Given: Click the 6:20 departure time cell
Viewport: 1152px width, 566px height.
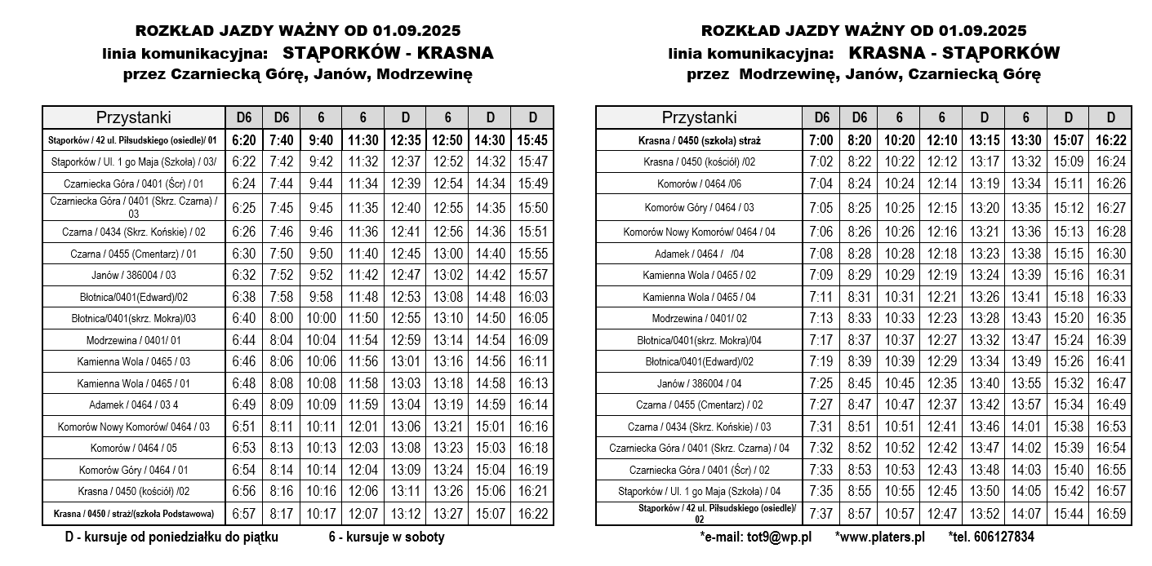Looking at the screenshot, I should click(x=243, y=140).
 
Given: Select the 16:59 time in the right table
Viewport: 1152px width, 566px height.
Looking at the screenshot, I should click(x=1110, y=514).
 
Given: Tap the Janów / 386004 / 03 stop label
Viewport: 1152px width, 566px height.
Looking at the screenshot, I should click(x=134, y=276).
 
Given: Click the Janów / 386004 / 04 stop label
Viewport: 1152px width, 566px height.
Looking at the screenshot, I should click(x=699, y=383).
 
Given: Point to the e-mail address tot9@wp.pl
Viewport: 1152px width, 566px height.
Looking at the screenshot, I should click(x=755, y=537).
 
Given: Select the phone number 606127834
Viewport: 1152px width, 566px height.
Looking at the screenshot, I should click(x=991, y=537).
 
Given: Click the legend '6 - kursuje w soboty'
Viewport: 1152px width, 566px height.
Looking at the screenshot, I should click(x=386, y=537).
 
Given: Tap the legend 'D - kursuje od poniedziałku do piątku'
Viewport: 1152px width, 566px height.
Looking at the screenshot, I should click(x=172, y=537).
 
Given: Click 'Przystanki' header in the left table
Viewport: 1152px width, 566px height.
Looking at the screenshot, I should click(x=134, y=117).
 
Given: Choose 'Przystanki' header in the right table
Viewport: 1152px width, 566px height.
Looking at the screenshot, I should click(x=699, y=117).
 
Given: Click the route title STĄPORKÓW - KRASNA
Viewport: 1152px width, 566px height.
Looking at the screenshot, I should click(x=388, y=54).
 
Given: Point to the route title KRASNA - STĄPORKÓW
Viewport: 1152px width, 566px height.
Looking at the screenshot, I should click(x=954, y=54).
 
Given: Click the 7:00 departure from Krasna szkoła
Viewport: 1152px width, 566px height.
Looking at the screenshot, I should click(x=821, y=140).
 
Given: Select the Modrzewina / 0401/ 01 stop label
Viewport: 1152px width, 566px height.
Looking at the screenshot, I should click(x=134, y=340).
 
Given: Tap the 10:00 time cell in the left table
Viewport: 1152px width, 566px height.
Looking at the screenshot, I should click(x=321, y=318).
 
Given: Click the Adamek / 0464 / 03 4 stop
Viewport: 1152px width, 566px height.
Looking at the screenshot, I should click(x=134, y=405).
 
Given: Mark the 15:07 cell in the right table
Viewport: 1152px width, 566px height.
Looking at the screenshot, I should click(x=1068, y=140).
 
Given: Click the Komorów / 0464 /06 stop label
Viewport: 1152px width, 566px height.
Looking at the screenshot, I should click(x=699, y=184).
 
